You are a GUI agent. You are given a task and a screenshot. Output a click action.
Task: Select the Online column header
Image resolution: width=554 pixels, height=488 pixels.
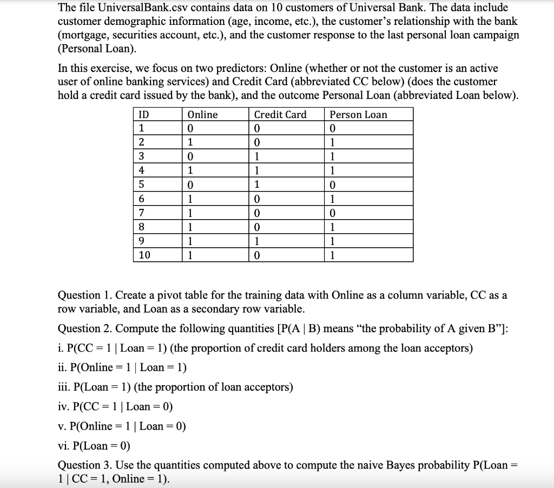[202, 115]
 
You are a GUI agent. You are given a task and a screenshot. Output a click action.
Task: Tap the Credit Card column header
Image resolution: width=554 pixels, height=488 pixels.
[280, 115]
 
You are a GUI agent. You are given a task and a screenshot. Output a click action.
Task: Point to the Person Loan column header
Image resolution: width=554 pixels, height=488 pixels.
[358, 115]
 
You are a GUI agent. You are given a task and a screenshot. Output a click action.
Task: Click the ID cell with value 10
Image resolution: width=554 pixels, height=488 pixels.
[144, 255]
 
